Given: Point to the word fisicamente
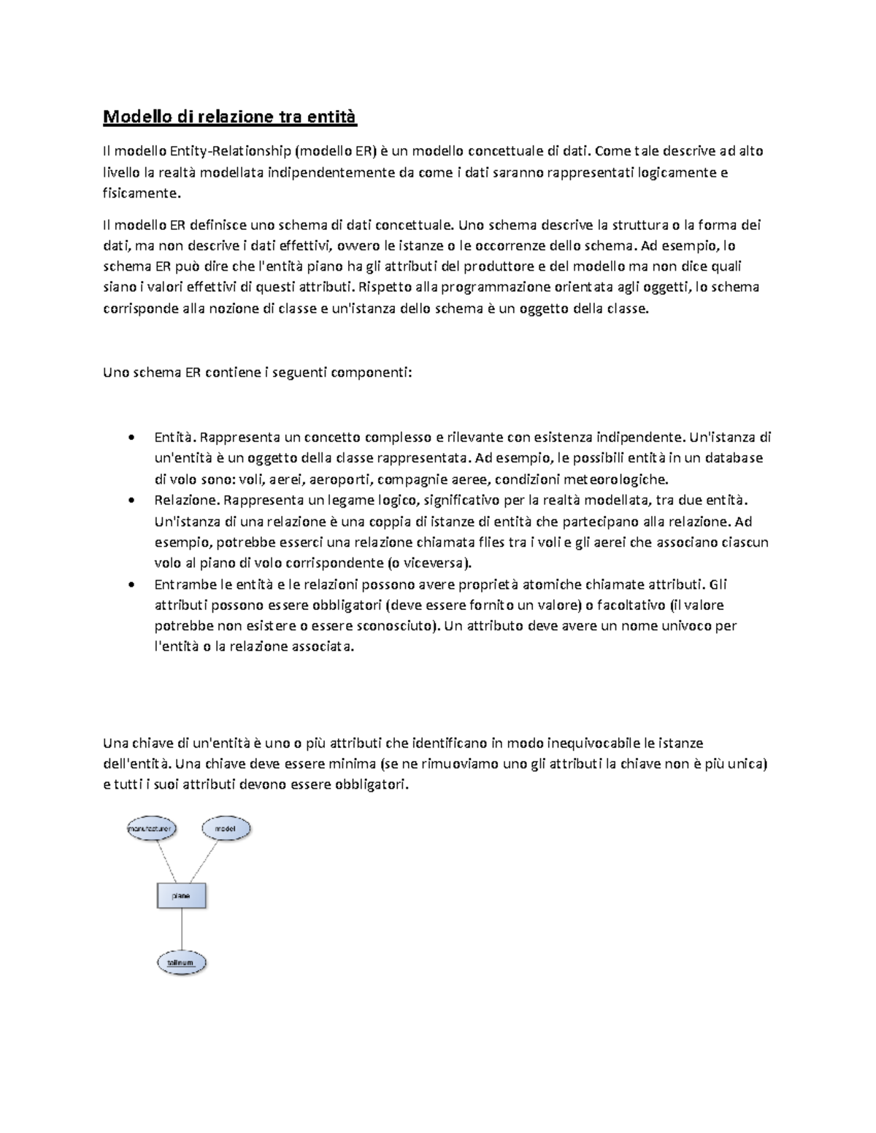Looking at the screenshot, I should pyautogui.click(x=140, y=193).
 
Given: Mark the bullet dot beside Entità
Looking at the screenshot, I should pyautogui.click(x=130, y=438).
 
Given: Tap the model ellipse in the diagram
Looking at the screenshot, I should pyautogui.click(x=226, y=830).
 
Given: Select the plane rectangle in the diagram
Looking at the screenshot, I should pyautogui.click(x=181, y=896).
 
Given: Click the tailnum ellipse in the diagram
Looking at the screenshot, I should pyautogui.click(x=181, y=962).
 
